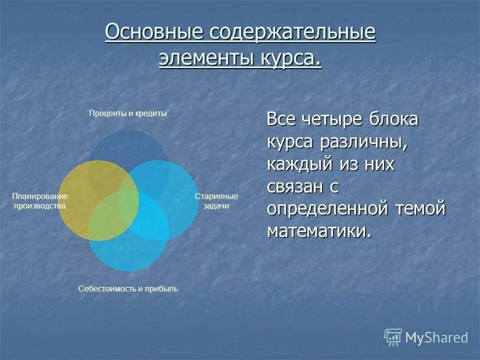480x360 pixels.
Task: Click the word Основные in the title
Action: pyautogui.click(x=154, y=33)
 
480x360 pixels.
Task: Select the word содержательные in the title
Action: pyautogui.click(x=292, y=33)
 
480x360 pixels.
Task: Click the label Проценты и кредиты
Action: pyautogui.click(x=127, y=113)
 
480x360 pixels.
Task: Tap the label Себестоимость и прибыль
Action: pyautogui.click(x=128, y=289)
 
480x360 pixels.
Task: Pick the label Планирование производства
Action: pyautogui.click(x=39, y=201)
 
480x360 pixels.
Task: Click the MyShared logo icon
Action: pyautogui.click(x=393, y=337)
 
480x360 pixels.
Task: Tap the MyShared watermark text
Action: pyautogui.click(x=436, y=338)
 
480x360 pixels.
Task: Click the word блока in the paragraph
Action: pyautogui.click(x=393, y=120)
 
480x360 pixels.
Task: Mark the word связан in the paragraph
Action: pyautogui.click(x=295, y=186)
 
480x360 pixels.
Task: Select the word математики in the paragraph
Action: pyautogui.click(x=319, y=230)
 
